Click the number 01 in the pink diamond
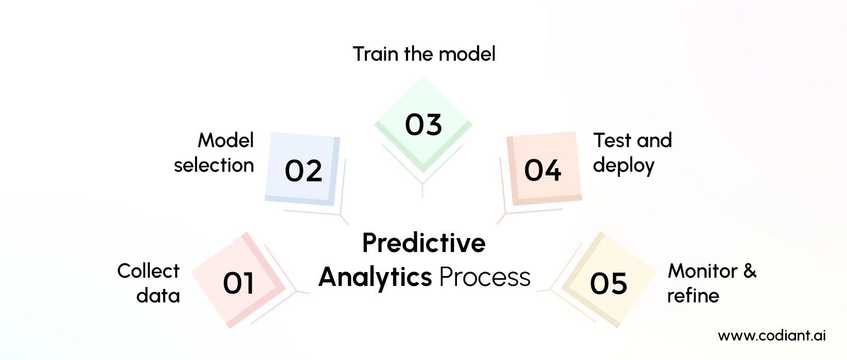coord(238,283)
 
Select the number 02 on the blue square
coord(303,171)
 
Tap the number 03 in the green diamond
coord(423,125)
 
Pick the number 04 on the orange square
coord(542,171)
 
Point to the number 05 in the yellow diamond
coord(608,283)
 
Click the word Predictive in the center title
coord(423,243)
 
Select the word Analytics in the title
coord(375,278)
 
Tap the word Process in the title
coord(484,278)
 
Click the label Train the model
coord(423,54)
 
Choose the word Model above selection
coord(225,140)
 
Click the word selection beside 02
coord(214,166)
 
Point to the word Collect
coord(148,271)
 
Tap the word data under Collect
coord(158,296)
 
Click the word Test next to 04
coord(612,140)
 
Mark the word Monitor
coord(702,271)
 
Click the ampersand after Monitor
coord(750,271)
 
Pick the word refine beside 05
coord(693,296)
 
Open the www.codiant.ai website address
coord(771,336)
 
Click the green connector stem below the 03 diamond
coord(422,190)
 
